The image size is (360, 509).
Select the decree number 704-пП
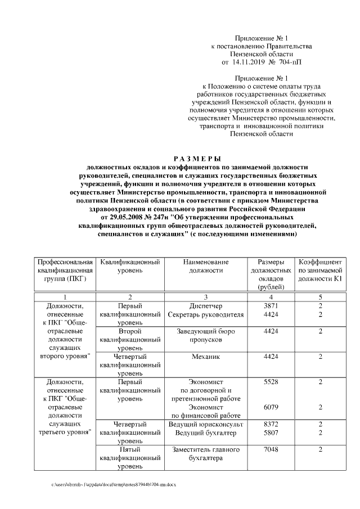[x=290, y=63]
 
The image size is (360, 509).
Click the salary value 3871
[x=271, y=306]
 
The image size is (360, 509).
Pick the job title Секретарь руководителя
[x=206, y=315]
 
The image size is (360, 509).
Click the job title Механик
[x=206, y=357]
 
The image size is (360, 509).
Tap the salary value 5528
[x=271, y=382]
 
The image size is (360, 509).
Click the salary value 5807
[x=271, y=433]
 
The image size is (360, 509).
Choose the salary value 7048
[x=271, y=450]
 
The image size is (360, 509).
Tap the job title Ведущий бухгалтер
[x=206, y=433]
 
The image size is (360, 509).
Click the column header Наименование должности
[x=206, y=267]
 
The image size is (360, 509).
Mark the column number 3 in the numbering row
[x=206, y=296]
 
